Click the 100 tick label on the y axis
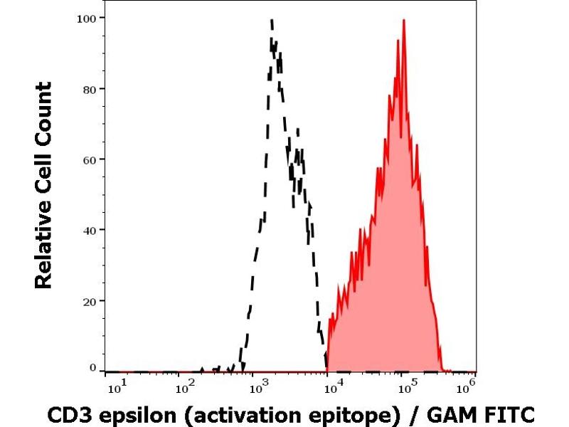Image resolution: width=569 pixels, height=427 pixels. point(85,17)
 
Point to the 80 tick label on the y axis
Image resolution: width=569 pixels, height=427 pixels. point(88,88)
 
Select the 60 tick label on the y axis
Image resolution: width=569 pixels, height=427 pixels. point(88,159)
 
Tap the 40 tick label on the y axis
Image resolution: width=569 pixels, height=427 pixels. point(88,229)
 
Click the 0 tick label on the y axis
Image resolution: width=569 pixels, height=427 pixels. point(92,367)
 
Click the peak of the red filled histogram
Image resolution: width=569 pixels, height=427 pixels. point(404,21)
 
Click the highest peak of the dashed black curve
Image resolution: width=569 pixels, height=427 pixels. point(272,21)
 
